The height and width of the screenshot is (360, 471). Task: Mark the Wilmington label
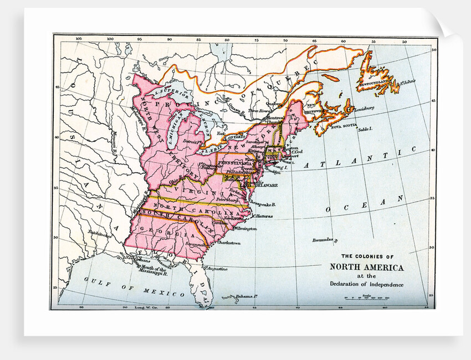tap(244, 228)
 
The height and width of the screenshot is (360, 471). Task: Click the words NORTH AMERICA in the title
tap(367, 267)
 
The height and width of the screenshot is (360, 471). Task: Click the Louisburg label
tap(363, 107)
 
